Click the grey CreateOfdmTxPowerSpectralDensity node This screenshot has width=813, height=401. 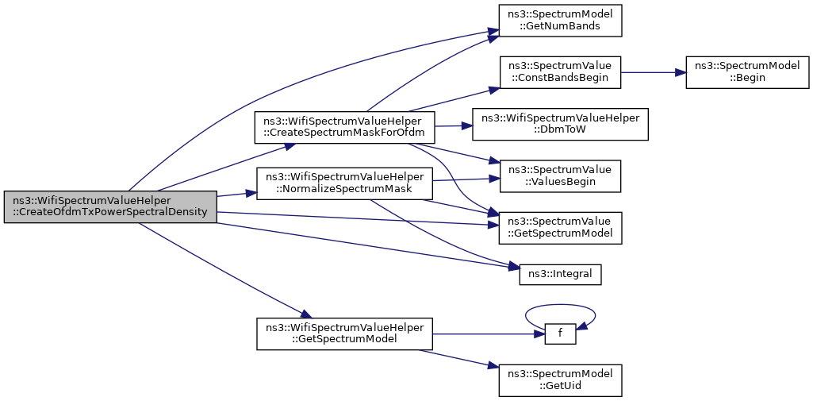(110, 207)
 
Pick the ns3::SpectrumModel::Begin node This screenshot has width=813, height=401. (748, 72)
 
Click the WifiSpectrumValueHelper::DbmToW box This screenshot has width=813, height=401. (560, 124)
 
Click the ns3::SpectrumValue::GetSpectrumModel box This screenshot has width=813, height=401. (560, 228)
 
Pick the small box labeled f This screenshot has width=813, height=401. (560, 334)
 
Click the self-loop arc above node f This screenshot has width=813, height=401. (560, 305)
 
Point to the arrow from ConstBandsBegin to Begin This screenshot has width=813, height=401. (654, 72)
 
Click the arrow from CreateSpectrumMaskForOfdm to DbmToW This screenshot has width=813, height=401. (454, 125)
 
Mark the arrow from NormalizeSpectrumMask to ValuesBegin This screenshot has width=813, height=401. (466, 179)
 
